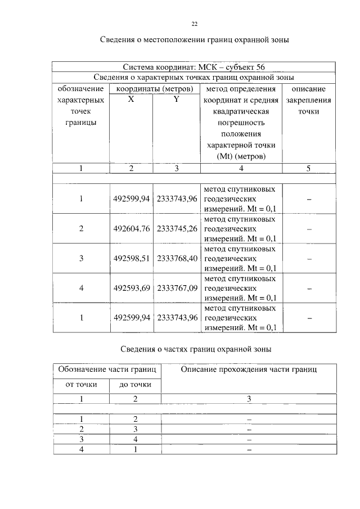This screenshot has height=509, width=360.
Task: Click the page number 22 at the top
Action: [195, 24]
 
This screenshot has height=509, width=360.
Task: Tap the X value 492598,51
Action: [132, 259]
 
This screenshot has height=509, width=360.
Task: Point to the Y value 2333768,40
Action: [177, 259]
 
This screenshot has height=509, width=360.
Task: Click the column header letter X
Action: [131, 100]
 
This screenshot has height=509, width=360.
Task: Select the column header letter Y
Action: [176, 100]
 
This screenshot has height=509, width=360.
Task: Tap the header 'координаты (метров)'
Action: [155, 89]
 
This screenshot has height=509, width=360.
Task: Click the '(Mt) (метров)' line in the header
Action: [241, 156]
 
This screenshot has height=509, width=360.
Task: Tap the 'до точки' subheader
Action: [135, 385]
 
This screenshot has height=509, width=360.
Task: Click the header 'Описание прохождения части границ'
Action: [249, 370]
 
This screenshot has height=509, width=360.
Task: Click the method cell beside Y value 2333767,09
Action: [240, 288]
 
